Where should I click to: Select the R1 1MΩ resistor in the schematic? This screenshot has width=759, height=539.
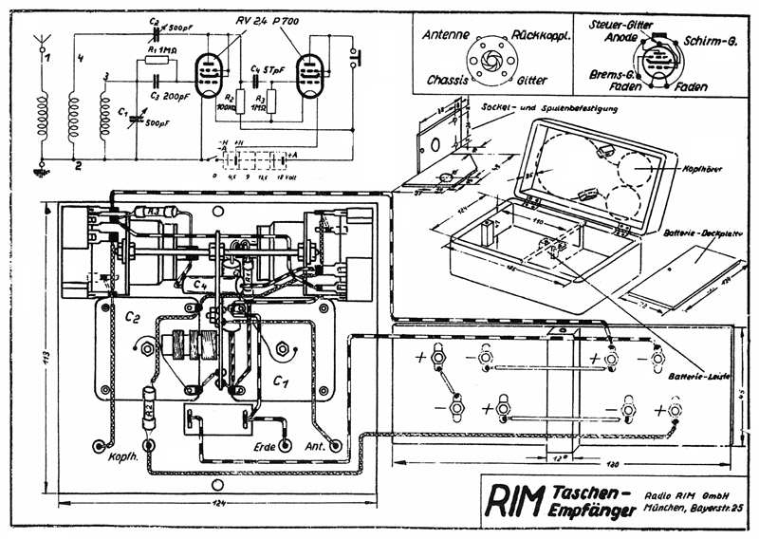pyautogui.click(x=159, y=61)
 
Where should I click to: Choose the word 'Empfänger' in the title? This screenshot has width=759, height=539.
pyautogui.click(x=583, y=512)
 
